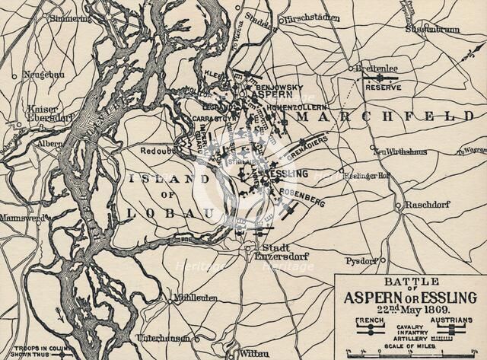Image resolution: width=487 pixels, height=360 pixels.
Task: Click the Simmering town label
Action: pyautogui.click(x=71, y=18)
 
